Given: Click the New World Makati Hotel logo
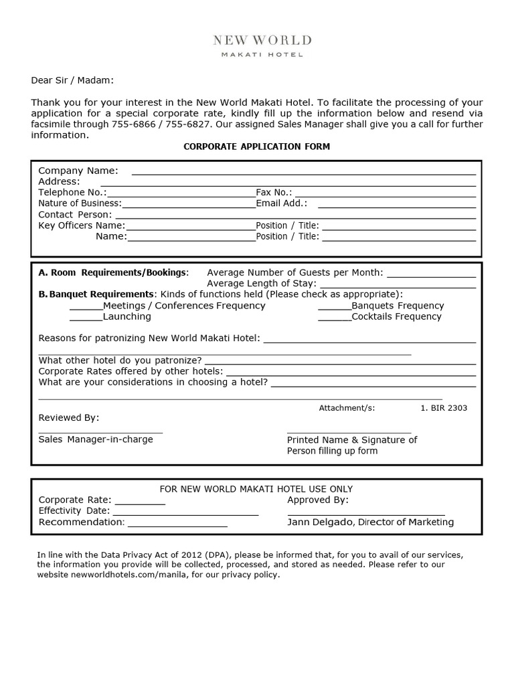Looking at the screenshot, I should [x=262, y=45].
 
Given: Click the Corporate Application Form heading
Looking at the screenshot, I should [x=257, y=146].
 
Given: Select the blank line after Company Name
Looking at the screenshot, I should [x=303, y=173].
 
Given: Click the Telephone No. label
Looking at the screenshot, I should [x=72, y=192].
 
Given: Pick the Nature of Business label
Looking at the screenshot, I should [x=80, y=203].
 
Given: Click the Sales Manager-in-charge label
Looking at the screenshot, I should [x=96, y=439].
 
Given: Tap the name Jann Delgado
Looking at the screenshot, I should [x=320, y=522].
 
